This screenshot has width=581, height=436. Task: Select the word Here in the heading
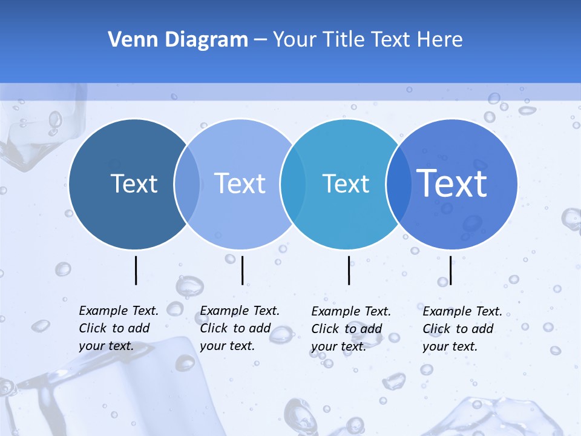440,40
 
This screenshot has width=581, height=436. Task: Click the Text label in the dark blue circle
134,183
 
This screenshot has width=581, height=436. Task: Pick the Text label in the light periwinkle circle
240,183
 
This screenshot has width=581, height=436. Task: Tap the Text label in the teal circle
346,183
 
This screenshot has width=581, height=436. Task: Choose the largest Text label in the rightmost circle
452,183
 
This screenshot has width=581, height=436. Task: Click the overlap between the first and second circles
187,184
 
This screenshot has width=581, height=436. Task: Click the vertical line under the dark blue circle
136,270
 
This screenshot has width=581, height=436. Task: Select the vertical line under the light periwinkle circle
242,270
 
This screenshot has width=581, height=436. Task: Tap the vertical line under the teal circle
349,270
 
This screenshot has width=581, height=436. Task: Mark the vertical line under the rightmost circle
450,271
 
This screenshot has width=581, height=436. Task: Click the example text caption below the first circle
118,328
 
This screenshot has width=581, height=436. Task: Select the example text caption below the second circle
239,328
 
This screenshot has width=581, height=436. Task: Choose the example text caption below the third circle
350,329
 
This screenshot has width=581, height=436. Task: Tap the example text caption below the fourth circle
462,329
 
